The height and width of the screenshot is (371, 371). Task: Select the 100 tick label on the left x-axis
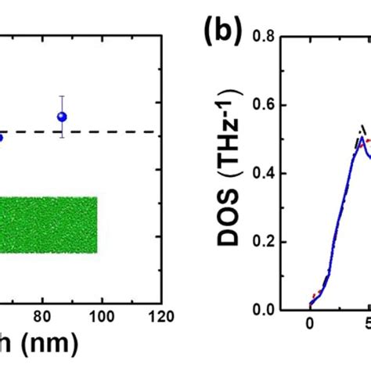tap(100, 318)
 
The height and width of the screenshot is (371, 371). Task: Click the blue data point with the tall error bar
tap(63, 117)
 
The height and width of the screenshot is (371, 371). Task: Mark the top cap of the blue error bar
tap(63, 96)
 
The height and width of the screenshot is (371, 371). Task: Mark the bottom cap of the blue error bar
tap(63, 137)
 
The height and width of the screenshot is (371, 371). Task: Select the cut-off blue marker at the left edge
tap(2, 138)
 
